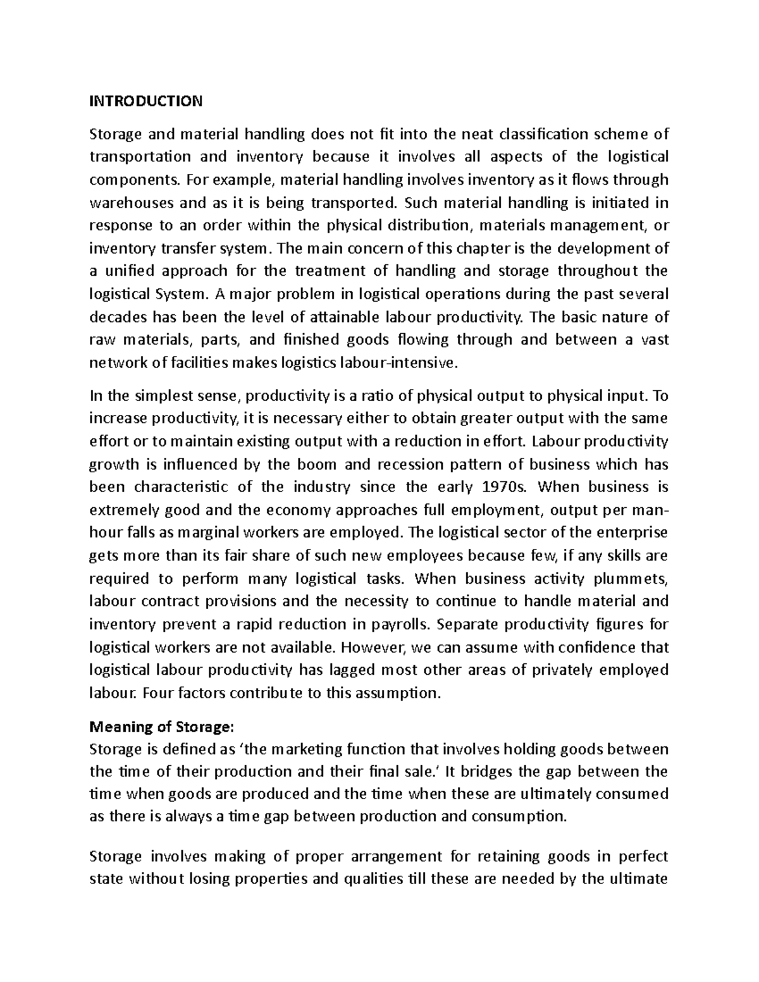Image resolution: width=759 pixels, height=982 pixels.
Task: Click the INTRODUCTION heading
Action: point(146,101)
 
